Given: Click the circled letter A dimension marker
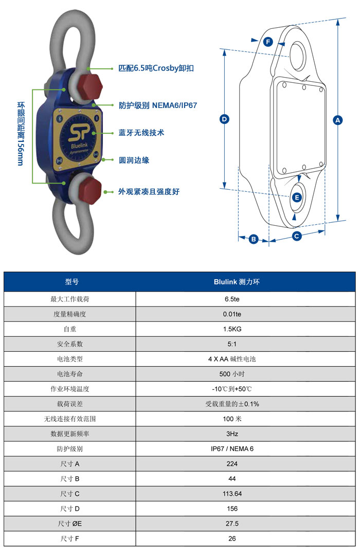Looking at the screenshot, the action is point(337,120).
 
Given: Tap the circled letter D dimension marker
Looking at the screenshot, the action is point(224,119).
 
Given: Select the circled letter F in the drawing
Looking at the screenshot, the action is point(268,42).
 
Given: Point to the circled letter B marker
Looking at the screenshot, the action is point(253,239).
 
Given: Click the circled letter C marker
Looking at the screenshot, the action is point(296,236).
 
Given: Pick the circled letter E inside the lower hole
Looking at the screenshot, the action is point(297,197).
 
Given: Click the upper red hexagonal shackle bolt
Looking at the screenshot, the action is point(88,86).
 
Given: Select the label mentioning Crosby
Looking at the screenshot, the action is point(156,68).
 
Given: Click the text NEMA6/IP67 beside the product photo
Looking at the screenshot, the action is point(174,105).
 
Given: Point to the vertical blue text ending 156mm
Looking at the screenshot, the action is point(21,134).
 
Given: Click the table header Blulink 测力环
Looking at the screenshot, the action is point(237,282).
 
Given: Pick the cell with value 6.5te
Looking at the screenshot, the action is point(232,299).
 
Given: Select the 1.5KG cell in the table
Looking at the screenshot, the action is point(232,329).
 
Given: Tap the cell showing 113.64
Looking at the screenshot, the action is point(232,494).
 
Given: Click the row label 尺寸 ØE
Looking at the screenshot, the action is point(70,524).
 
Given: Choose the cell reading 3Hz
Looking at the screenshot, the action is point(232,434).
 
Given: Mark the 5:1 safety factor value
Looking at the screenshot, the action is point(232,344).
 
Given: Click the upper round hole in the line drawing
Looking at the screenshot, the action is point(298,55).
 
